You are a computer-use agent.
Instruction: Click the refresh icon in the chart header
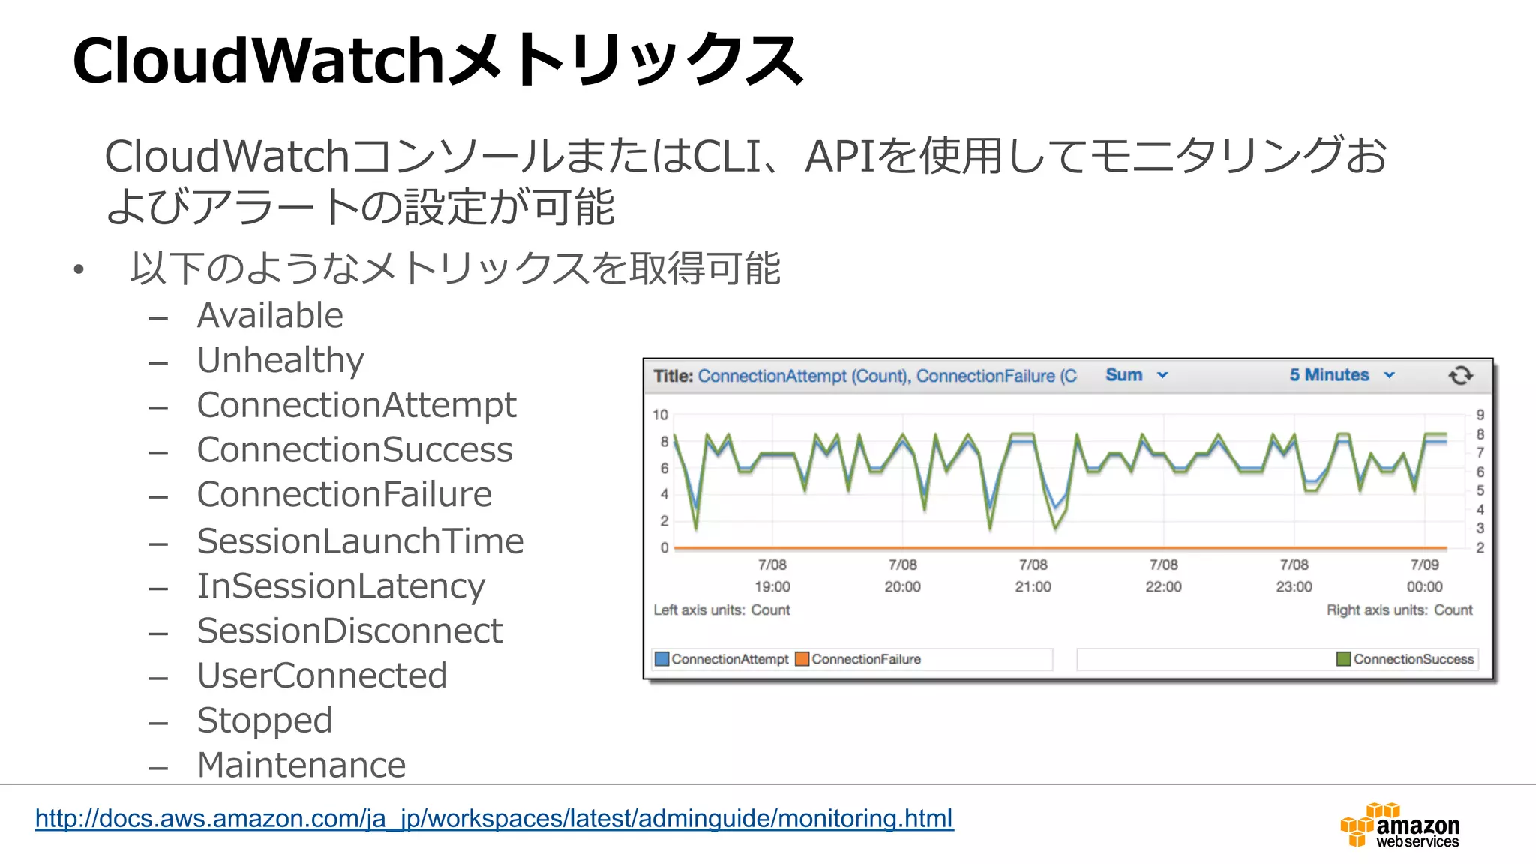[1460, 375]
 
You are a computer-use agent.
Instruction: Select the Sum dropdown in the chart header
[1135, 375]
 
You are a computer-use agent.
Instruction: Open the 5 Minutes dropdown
[1341, 375]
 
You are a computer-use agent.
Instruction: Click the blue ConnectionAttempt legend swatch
[661, 659]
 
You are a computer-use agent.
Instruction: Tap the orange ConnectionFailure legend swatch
[802, 659]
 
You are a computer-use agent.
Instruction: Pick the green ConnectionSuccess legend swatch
[1343, 659]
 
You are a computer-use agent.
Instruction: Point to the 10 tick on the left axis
[660, 415]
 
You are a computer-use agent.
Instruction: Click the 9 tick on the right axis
[1480, 415]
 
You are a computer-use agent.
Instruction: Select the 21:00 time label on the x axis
[1033, 586]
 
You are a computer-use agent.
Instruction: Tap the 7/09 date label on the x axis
[1424, 565]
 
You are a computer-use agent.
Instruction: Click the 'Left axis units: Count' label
[721, 610]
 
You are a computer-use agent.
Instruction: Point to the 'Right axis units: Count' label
[1399, 610]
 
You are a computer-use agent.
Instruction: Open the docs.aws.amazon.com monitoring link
[494, 818]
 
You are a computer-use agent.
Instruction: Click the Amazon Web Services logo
[1399, 826]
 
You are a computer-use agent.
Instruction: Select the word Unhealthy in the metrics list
[280, 361]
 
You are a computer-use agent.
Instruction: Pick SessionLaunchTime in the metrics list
[360, 541]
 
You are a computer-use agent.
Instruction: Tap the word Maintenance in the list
[301, 766]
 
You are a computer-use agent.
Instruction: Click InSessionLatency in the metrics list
[341, 586]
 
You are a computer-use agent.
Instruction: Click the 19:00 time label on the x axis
[772, 586]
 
